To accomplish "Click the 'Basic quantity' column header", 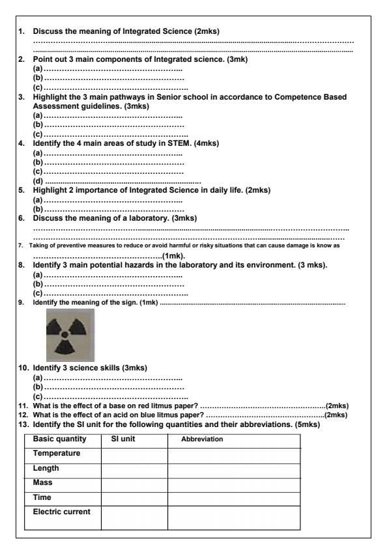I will (59, 439).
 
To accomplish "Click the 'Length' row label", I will (46, 468).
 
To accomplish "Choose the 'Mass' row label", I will (44, 483).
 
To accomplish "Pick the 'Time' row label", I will (43, 497).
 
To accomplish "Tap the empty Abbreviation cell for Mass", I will (234, 484).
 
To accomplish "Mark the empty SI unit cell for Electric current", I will (134, 517).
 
